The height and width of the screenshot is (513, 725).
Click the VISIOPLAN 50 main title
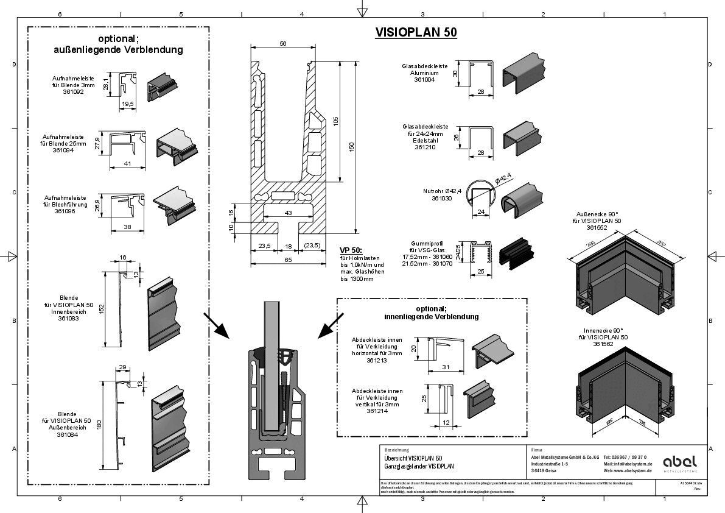(416, 32)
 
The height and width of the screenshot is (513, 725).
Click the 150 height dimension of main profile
(351, 147)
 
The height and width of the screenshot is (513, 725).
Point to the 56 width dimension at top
(282, 43)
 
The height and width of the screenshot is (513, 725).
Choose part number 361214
(377, 411)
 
